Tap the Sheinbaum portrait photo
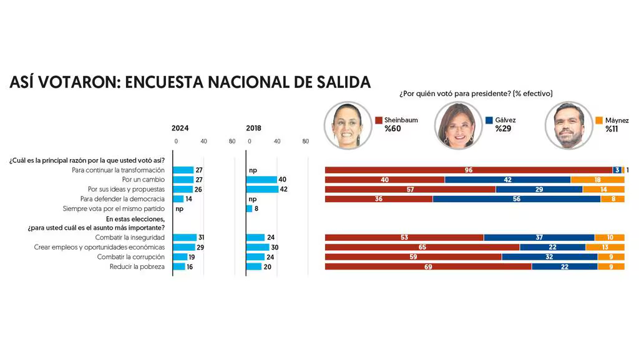(x=346, y=125)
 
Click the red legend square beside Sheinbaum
(x=379, y=120)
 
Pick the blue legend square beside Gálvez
(x=489, y=120)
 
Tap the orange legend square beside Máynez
(x=600, y=120)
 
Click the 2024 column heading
(x=180, y=128)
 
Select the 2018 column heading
(x=253, y=128)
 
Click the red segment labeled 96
(x=468, y=170)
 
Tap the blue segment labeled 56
(x=516, y=199)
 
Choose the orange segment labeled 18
(x=597, y=180)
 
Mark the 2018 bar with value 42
(x=262, y=189)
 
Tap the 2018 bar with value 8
(x=250, y=208)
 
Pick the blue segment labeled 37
(x=539, y=237)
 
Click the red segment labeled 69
(x=428, y=266)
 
